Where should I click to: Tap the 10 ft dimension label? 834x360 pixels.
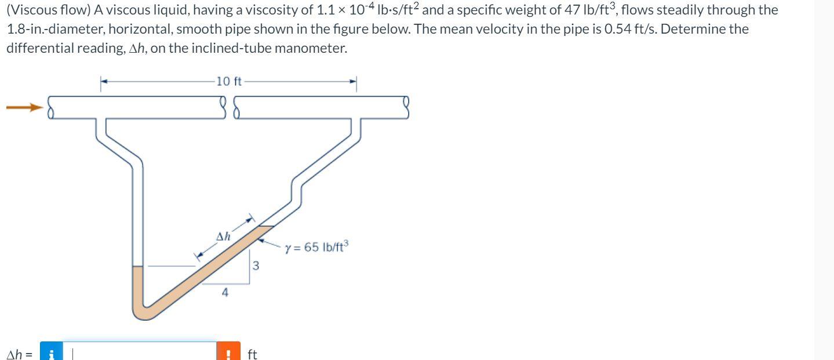click(x=228, y=81)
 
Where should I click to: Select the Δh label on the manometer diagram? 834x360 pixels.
click(x=223, y=237)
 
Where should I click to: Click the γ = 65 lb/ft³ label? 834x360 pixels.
click(x=316, y=248)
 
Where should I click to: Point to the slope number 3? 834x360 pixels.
click(x=256, y=267)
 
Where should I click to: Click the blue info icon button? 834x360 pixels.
click(x=51, y=353)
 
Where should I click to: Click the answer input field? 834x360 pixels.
click(x=139, y=352)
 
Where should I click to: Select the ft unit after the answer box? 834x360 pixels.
click(x=252, y=354)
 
